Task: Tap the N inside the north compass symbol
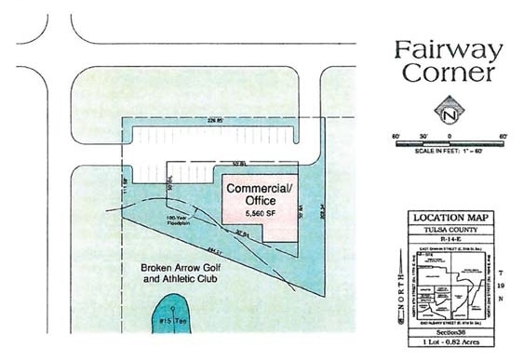click(450, 114)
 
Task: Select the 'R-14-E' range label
click(450, 238)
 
